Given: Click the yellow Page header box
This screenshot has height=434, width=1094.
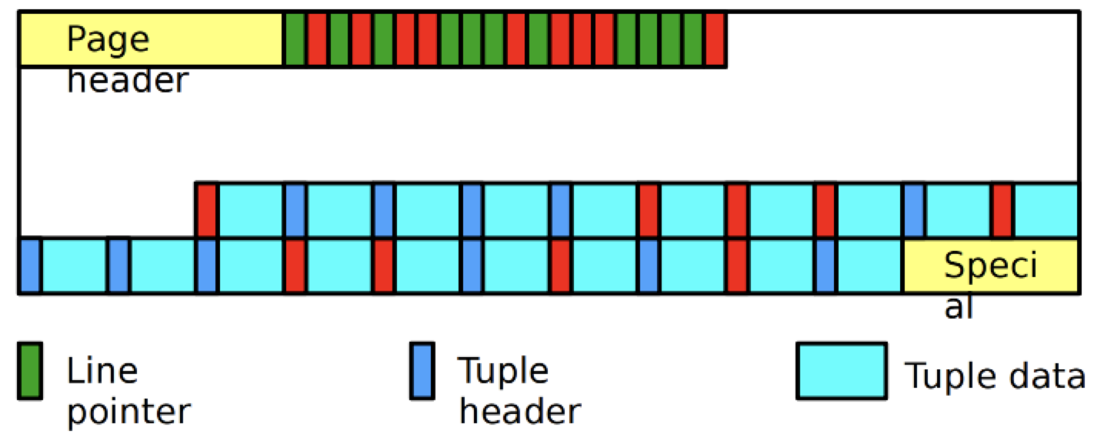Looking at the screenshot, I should [151, 40].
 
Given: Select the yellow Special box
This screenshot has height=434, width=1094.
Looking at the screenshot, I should [991, 266].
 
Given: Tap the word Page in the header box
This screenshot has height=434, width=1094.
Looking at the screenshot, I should [108, 38].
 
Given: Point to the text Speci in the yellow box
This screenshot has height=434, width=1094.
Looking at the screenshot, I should [991, 266].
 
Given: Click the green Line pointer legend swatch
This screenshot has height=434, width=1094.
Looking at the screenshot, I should [30, 371].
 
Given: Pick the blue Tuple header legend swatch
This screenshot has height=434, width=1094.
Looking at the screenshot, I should [421, 371].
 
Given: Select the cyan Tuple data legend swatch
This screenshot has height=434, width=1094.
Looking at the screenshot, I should [842, 371].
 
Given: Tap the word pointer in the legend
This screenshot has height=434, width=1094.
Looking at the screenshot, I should [128, 412].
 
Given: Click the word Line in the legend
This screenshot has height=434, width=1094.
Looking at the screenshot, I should [91, 372].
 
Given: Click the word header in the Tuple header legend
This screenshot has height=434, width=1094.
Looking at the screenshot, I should [519, 412].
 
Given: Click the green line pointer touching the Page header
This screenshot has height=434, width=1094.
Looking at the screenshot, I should [295, 39].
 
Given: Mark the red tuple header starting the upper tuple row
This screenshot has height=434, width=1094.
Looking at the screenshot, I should [206, 209].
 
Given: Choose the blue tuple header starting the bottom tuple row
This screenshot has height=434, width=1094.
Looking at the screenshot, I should [29, 265].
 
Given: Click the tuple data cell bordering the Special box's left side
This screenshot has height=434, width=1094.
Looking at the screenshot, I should [869, 265].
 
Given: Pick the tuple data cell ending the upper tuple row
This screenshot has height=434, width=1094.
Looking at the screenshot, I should [1046, 209].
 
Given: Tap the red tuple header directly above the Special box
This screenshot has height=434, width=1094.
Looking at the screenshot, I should [1002, 209].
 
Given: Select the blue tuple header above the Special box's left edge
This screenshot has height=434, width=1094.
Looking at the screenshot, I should [913, 209].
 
